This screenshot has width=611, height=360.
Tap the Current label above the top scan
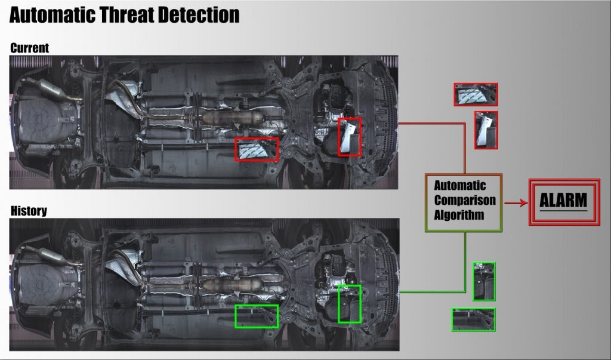[30, 48]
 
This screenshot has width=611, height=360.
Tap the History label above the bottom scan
[29, 211]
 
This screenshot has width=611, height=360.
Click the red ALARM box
[563, 201]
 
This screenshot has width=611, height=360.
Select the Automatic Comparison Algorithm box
[464, 202]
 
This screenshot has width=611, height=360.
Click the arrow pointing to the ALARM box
[516, 203]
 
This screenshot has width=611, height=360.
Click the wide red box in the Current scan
[257, 149]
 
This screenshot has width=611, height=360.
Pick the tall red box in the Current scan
[350, 137]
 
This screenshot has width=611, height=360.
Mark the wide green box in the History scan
[257, 316]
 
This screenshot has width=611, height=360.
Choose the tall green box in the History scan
[350, 304]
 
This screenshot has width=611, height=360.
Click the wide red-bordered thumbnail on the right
[476, 94]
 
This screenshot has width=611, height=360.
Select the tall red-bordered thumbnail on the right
[486, 130]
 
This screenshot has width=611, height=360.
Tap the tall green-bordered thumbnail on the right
[484, 281]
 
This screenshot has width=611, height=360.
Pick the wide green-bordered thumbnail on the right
[473, 319]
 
